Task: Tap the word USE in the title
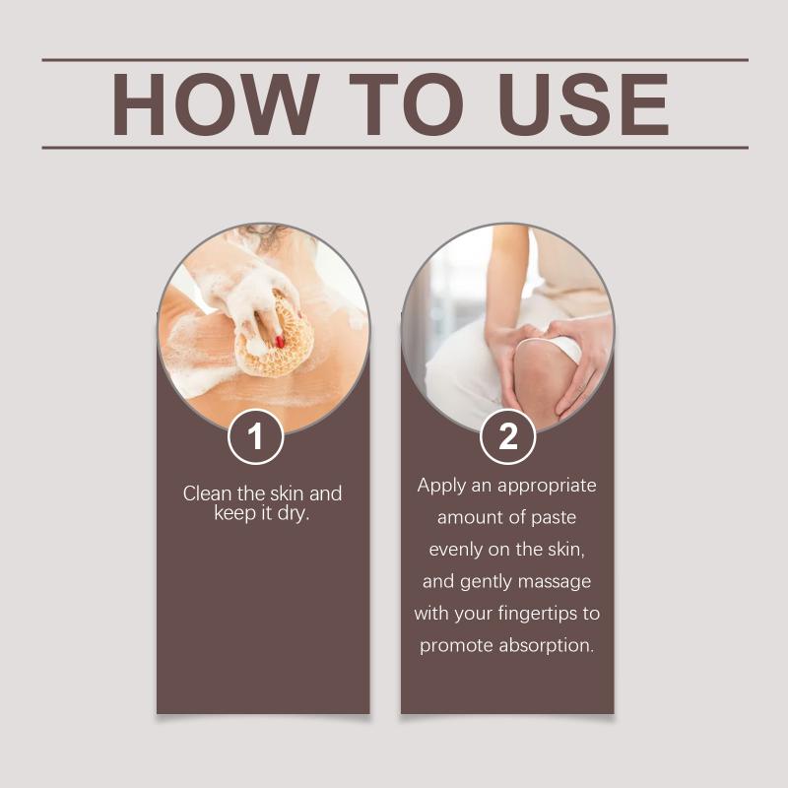(x=583, y=104)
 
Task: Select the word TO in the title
(x=406, y=104)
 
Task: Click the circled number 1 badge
(x=256, y=436)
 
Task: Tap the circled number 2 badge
(x=507, y=436)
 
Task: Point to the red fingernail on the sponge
(x=280, y=342)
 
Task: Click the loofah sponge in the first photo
(x=275, y=337)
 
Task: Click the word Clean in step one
(x=208, y=493)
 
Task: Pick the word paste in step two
(x=554, y=518)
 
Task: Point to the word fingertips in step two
(x=537, y=614)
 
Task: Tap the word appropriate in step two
(x=547, y=487)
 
